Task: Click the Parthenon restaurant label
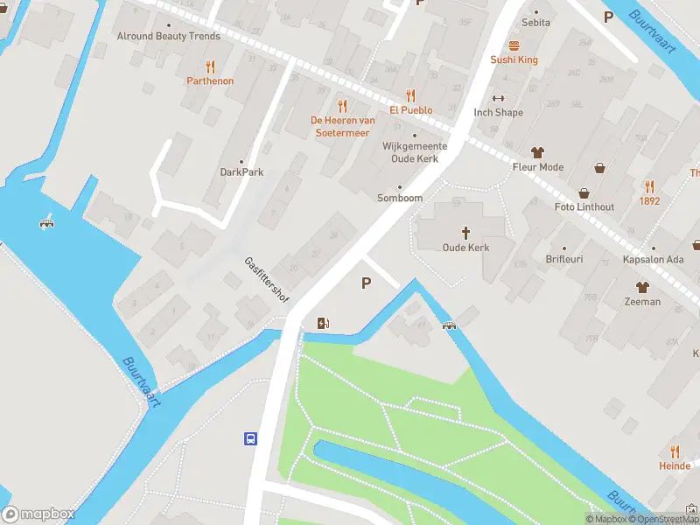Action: pos(210,80)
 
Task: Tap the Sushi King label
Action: pos(514,59)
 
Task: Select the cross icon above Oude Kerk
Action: pos(465,233)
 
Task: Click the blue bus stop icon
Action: pos(250,438)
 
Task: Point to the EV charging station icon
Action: pos(324,323)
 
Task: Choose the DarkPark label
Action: pos(241,172)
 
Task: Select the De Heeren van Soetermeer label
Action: pos(342,126)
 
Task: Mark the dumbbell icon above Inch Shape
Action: pos(499,98)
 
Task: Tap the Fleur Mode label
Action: pos(538,166)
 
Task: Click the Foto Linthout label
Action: pos(584,206)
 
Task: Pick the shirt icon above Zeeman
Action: pos(642,287)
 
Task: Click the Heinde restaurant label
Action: pos(675,466)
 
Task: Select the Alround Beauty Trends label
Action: pos(169,37)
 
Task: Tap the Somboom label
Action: pos(400,198)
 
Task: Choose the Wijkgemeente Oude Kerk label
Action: pos(415,152)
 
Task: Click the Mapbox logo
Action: pos(38,514)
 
